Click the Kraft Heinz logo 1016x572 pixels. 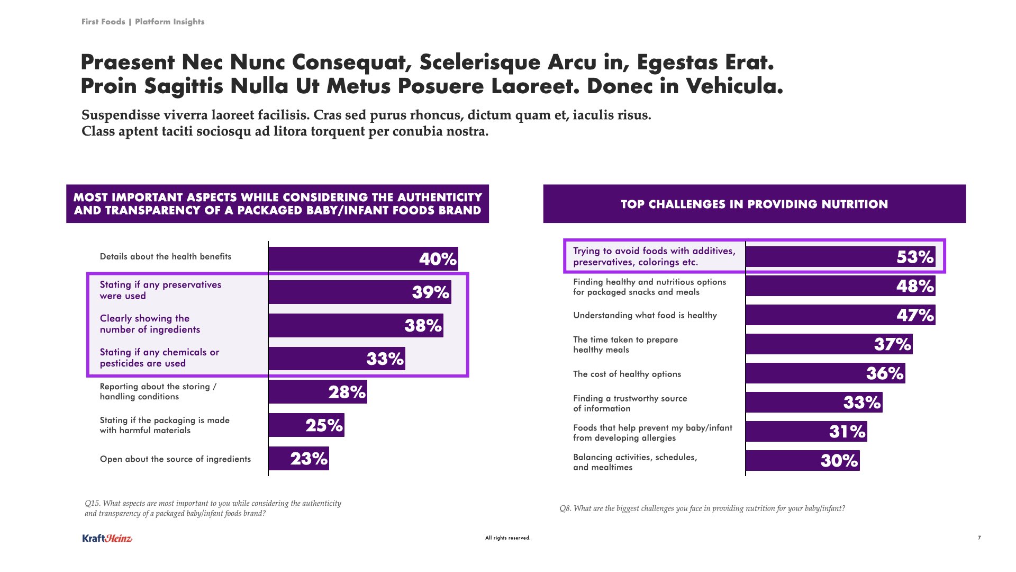107,539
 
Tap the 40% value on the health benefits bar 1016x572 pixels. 438,259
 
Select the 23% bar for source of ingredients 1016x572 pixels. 298,459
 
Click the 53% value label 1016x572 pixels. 915,257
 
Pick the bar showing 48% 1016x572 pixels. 840,286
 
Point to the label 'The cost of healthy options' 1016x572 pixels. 627,374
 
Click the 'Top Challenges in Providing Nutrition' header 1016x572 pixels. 754,204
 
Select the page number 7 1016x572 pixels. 979,538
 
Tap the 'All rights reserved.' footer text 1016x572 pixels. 507,538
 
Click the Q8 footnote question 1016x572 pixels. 702,508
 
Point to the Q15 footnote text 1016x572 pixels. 213,508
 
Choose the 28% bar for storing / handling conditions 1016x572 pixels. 317,392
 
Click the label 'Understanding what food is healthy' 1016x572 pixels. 645,316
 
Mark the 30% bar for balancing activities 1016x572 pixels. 802,461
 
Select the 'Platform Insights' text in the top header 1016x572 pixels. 169,22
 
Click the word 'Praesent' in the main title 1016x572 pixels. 128,62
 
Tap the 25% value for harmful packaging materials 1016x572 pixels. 324,425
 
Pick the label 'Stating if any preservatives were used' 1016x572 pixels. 160,290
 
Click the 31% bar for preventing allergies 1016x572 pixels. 806,432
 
